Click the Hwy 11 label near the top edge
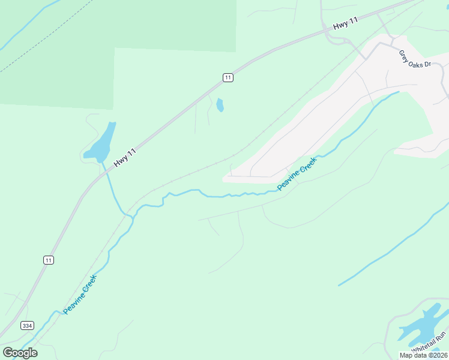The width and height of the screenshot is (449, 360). pos(345,23)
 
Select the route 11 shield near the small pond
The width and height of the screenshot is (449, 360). pos(228,77)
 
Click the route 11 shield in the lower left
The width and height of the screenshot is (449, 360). pos(48,260)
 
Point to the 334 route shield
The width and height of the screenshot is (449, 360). pos(27,326)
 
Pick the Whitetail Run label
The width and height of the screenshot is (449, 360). pos(429,343)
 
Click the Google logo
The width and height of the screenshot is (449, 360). pos(20,352)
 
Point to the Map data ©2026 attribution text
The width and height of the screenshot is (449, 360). pos(423,355)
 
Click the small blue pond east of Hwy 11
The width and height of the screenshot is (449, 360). pos(220,105)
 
